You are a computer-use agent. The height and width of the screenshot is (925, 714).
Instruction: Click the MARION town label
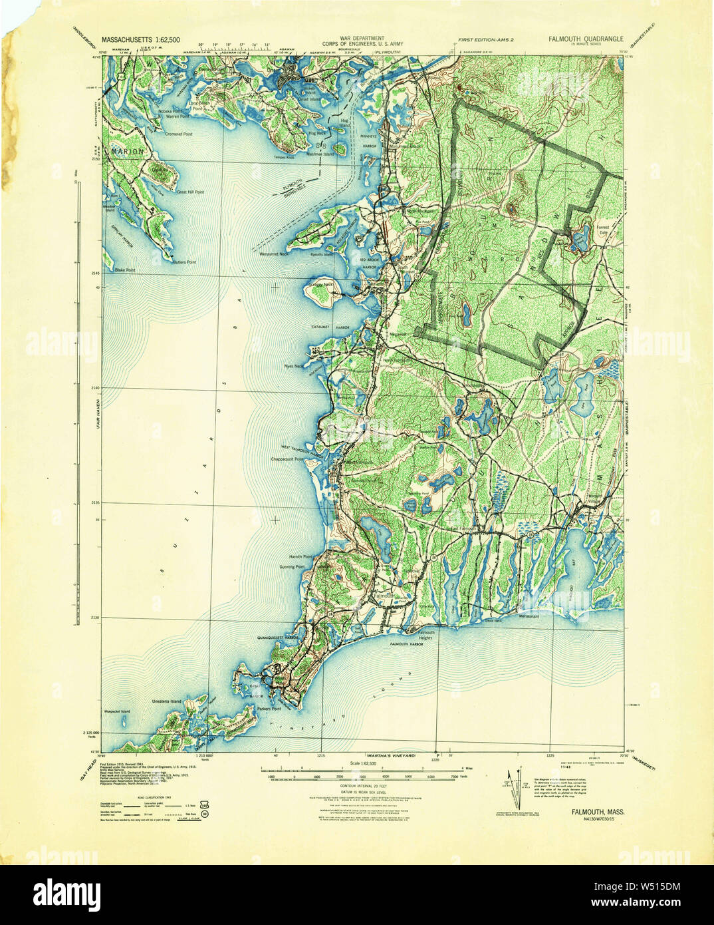[x=127, y=152]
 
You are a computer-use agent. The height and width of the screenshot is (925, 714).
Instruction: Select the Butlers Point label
[x=183, y=262]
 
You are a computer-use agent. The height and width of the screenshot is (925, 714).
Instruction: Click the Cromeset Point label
[x=178, y=134]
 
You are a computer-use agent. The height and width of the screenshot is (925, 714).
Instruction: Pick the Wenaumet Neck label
[x=274, y=254]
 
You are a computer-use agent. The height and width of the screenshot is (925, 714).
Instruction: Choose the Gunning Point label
[x=291, y=567]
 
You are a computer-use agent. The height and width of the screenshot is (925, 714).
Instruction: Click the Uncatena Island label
[x=166, y=701]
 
